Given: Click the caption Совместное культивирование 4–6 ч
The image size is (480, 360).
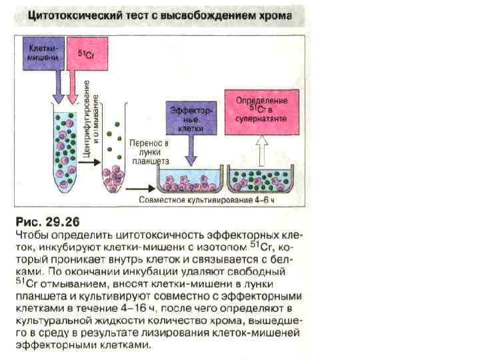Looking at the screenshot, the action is point(207,199).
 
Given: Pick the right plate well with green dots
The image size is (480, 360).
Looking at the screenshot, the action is point(261,178).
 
